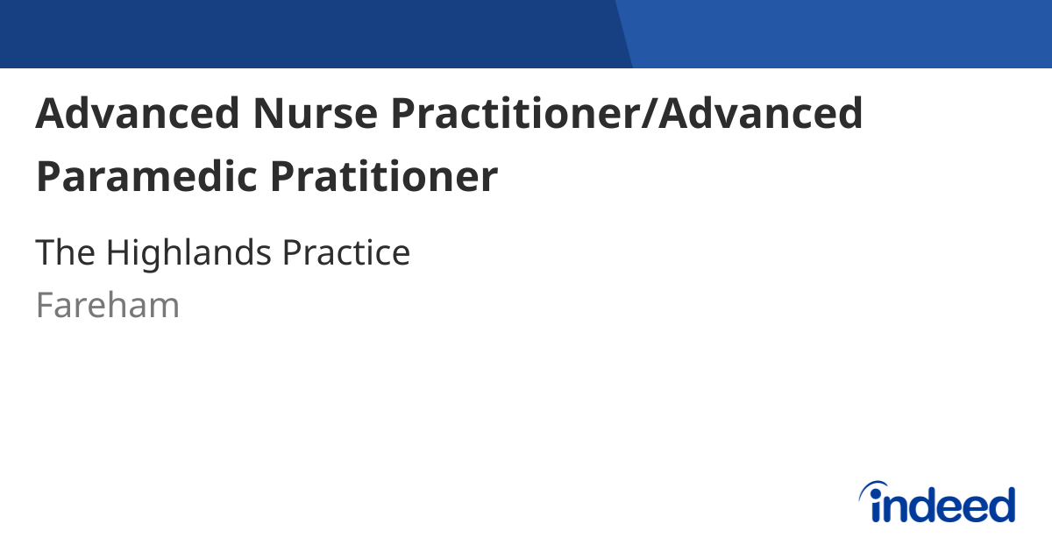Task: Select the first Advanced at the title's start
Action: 138,113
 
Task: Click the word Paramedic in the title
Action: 146,176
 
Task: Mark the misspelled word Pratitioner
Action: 383,176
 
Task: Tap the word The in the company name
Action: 66,253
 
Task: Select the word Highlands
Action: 188,253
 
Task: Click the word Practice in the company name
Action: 345,253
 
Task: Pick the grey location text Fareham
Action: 108,306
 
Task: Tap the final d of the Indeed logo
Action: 1001,505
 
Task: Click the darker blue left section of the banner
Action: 307,33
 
